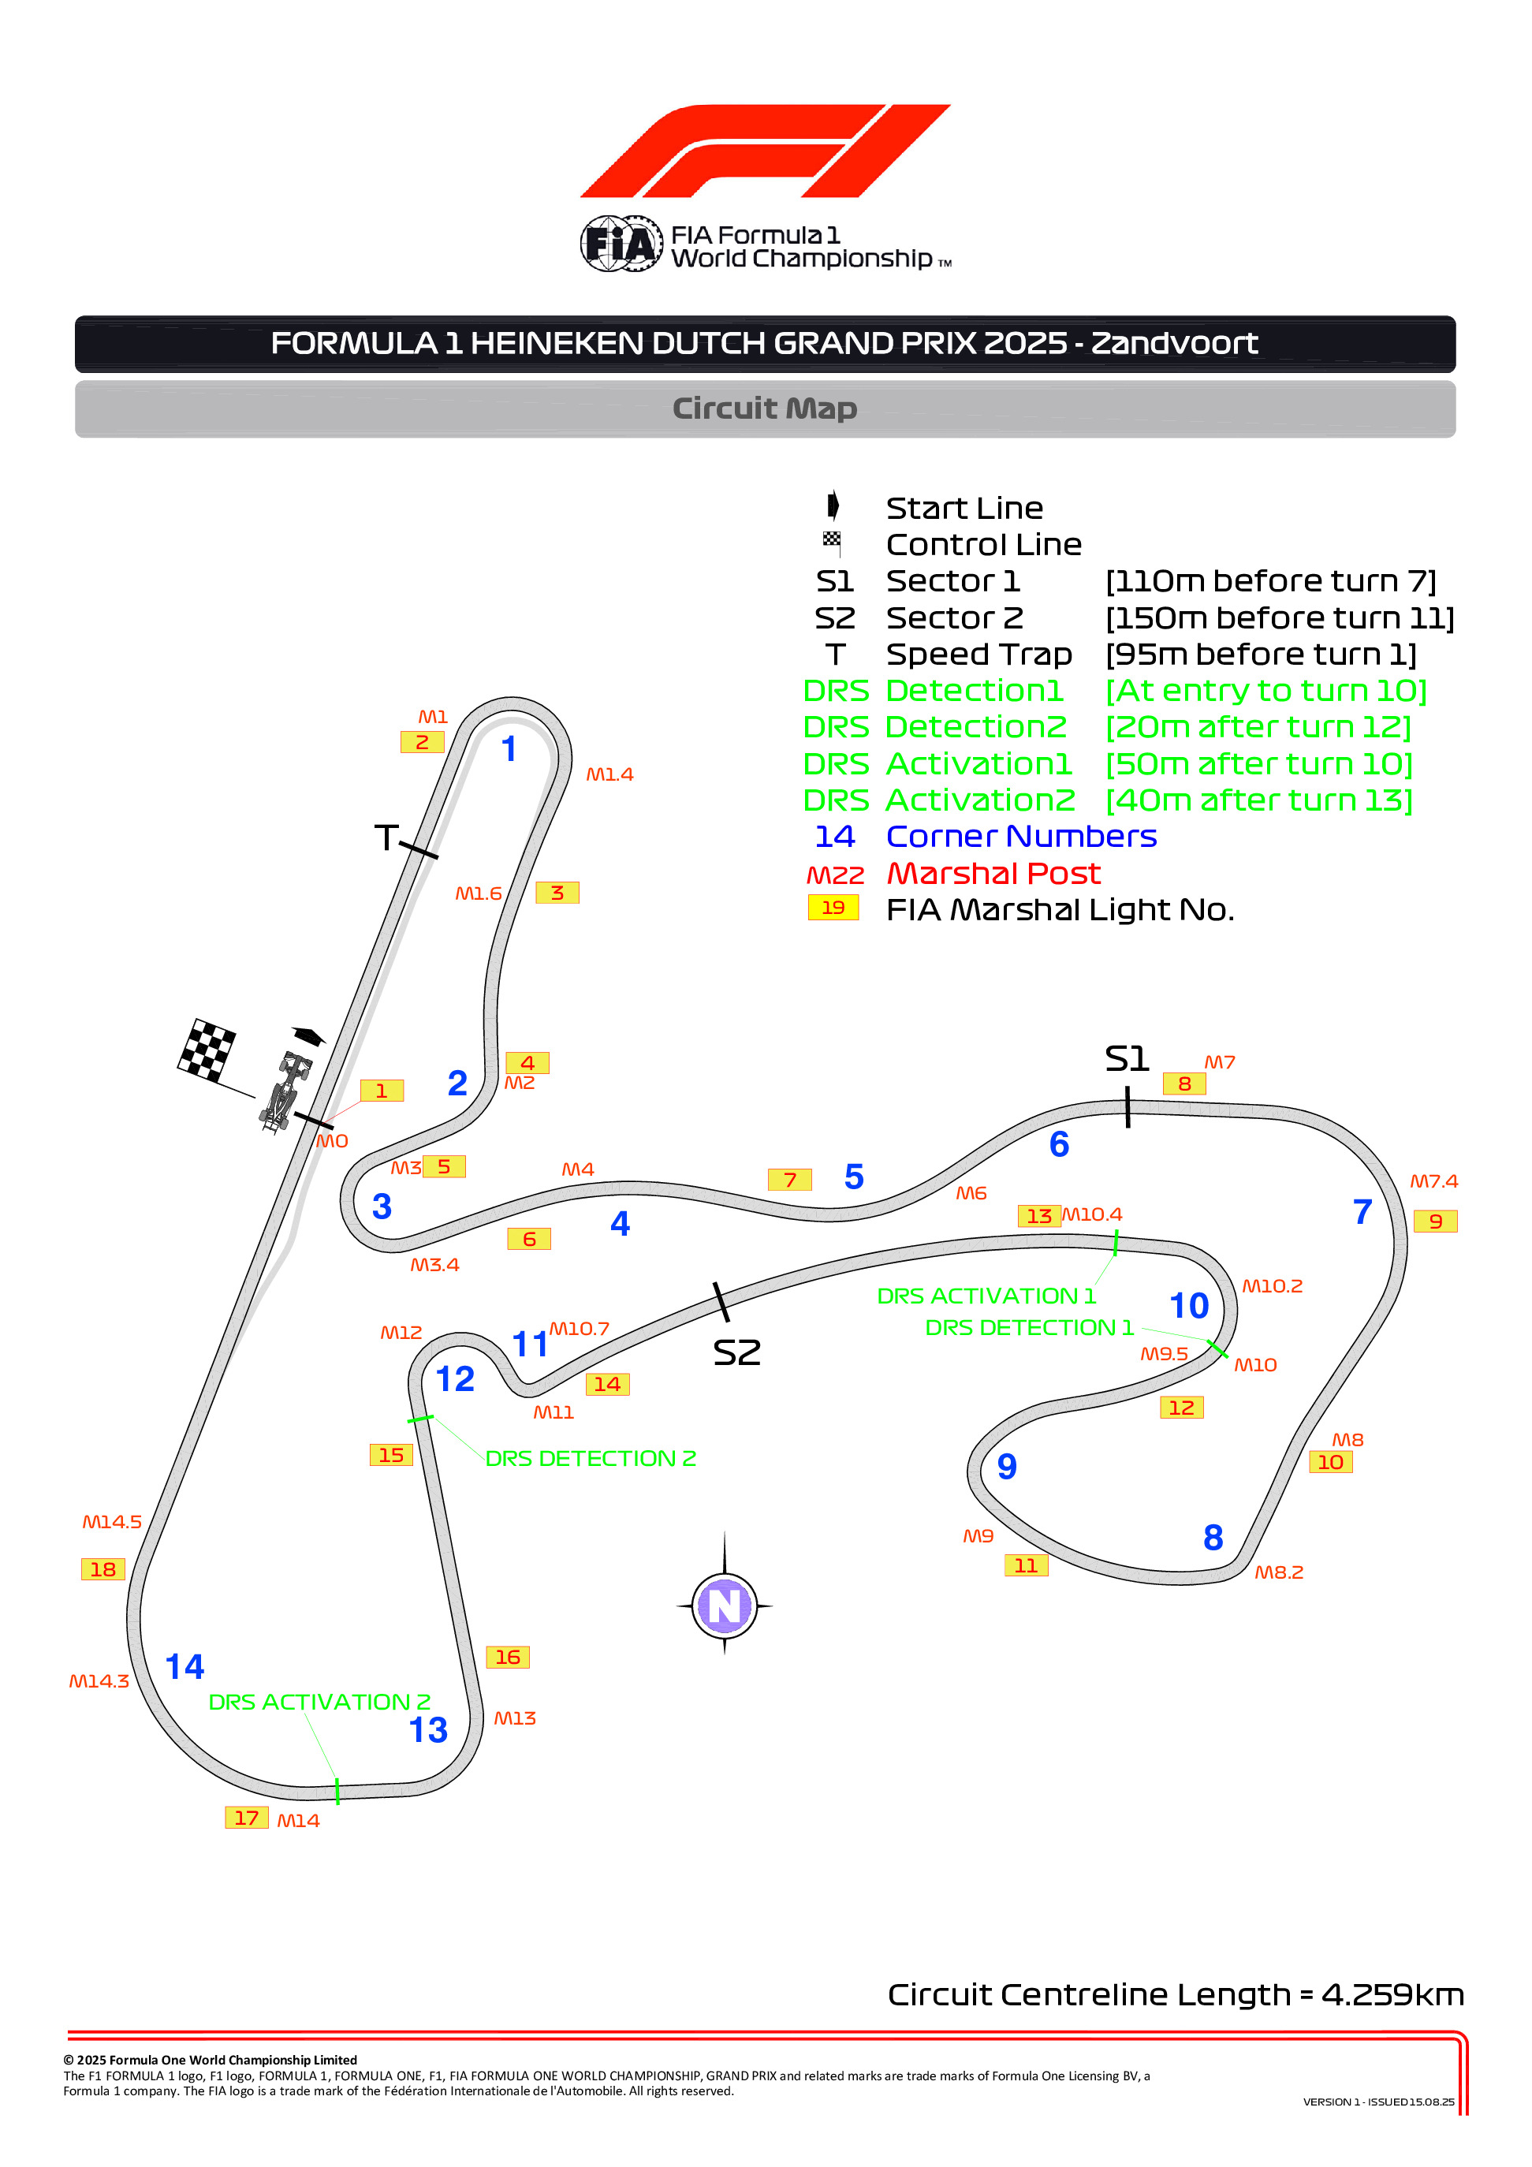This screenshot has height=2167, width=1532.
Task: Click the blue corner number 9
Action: (x=1006, y=1466)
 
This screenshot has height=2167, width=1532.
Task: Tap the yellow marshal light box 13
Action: (x=1038, y=1216)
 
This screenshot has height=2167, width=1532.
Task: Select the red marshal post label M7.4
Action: (x=1433, y=1180)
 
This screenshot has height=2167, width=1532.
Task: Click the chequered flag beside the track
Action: (x=207, y=1050)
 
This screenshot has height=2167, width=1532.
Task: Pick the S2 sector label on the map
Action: (x=736, y=1352)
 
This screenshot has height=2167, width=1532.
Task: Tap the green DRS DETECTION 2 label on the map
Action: (x=591, y=1458)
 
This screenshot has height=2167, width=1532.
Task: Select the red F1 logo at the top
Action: (x=765, y=151)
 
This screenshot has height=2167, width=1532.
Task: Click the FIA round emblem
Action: (x=621, y=244)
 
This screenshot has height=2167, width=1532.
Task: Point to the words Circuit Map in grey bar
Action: (x=765, y=408)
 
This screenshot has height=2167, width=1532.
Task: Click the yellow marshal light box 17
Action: (x=246, y=1818)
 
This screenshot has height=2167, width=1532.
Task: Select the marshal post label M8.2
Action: (x=1278, y=1572)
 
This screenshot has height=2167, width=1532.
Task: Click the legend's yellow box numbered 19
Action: (x=833, y=907)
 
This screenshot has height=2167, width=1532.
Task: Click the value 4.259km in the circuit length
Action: (x=1392, y=1994)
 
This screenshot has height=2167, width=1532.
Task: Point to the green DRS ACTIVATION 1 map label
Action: (x=986, y=1296)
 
